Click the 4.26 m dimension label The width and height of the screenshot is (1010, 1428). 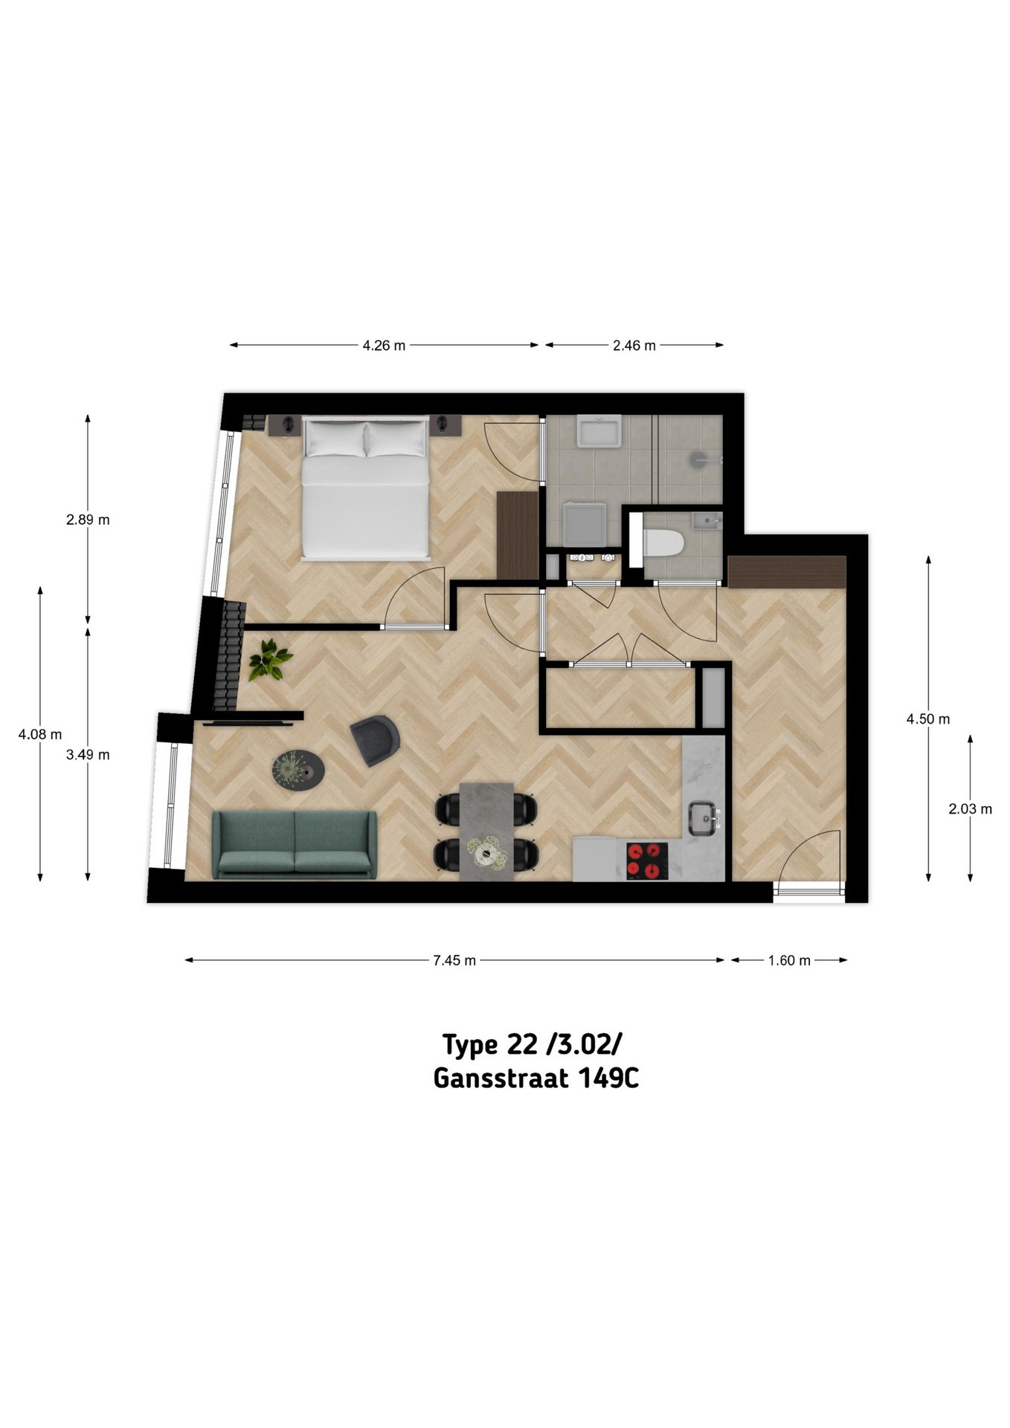tap(384, 345)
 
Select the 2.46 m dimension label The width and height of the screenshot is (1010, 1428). tap(634, 345)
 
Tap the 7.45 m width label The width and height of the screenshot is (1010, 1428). tap(454, 960)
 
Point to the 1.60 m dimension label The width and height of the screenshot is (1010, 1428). tap(789, 960)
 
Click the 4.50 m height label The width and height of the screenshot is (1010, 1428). tap(928, 719)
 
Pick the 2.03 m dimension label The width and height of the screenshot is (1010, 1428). tap(970, 809)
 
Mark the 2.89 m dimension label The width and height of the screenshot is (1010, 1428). tap(88, 520)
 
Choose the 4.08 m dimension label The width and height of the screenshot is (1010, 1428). tap(40, 734)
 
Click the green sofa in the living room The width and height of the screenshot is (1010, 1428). tap(295, 845)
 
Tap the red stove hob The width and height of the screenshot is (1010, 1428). tap(644, 861)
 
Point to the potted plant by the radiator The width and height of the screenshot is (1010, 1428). tap(270, 660)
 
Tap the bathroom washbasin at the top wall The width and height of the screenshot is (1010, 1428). tap(599, 431)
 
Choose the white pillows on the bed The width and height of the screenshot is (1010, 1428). tap(365, 439)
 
